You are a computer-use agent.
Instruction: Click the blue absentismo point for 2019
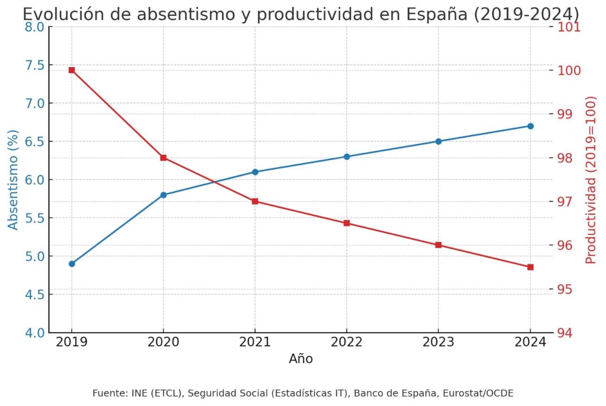[72, 264]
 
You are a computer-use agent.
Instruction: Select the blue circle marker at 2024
[530, 126]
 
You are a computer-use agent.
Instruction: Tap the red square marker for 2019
[72, 70]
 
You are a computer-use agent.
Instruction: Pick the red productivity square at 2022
[347, 223]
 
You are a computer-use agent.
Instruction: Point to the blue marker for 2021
[255, 172]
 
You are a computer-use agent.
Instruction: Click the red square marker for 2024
[530, 267]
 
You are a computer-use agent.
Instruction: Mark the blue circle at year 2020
[163, 195]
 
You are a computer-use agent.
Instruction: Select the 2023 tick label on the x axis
[438, 342]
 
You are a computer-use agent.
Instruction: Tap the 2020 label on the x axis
[163, 342]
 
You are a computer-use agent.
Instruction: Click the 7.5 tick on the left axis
[35, 65]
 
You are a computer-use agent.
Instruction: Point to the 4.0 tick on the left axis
[35, 333]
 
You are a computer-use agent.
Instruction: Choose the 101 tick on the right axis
[569, 27]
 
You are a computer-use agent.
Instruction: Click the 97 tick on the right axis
[564, 202]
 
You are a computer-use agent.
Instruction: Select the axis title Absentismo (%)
[13, 180]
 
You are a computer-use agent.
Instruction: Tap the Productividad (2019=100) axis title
[590, 180]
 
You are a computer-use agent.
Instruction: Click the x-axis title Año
[301, 359]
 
